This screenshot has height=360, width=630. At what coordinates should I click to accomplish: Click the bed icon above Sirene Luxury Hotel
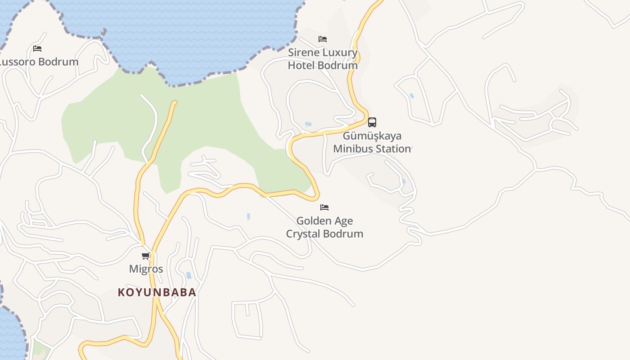(323, 39)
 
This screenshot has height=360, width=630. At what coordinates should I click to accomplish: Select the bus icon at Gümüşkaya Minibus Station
(372, 122)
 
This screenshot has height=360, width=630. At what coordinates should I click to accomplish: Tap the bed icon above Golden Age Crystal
(324, 207)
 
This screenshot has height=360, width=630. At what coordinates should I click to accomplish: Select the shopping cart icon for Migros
(146, 256)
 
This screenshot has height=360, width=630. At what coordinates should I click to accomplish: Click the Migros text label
(146, 269)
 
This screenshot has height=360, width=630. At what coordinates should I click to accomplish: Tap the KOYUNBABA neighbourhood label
(157, 292)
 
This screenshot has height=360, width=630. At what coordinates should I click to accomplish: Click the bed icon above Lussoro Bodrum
(37, 49)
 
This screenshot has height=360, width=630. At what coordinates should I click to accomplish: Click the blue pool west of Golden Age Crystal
(248, 217)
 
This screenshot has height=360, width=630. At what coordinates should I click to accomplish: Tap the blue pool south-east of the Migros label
(189, 275)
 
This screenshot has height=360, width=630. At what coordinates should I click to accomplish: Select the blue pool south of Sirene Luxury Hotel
(308, 124)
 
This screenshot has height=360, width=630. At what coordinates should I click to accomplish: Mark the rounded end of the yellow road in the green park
(175, 103)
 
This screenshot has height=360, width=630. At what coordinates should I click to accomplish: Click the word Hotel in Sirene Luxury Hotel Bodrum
(301, 65)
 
